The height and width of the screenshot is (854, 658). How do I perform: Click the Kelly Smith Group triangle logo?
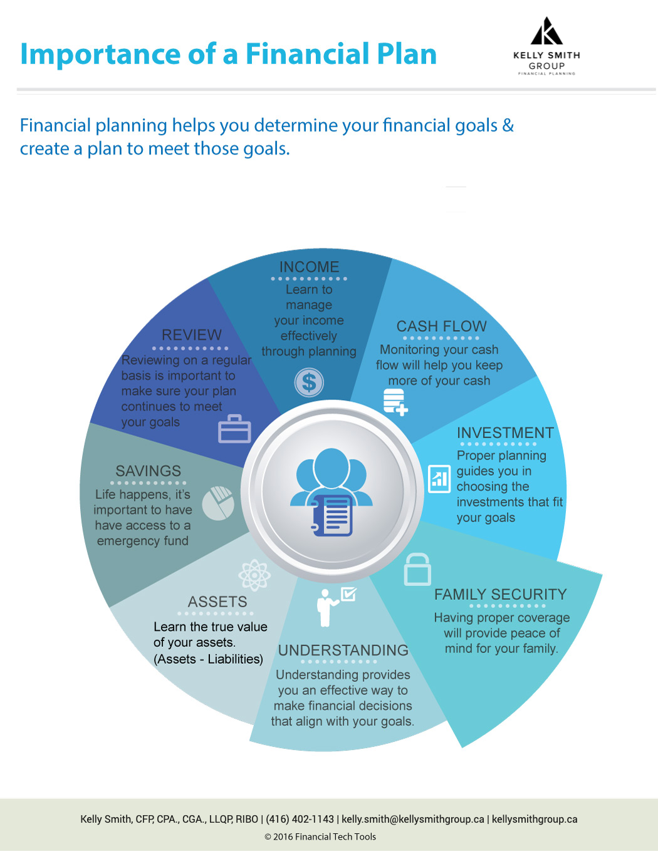(x=546, y=31)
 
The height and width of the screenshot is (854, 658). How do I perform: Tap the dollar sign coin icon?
(x=309, y=383)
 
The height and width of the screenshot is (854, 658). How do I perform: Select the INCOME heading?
(x=309, y=267)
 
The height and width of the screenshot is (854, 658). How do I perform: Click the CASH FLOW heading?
(x=441, y=326)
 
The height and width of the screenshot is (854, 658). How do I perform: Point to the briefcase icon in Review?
(x=234, y=429)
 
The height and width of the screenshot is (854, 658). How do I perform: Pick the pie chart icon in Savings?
(x=218, y=503)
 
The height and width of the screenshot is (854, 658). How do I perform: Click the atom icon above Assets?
(x=254, y=575)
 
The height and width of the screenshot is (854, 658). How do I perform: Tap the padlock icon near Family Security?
(x=417, y=570)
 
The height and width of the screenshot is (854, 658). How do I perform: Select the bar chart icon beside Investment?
(x=439, y=479)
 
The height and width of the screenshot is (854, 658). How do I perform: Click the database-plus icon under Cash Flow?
(x=395, y=402)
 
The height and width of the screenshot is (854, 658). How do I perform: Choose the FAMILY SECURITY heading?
(x=500, y=595)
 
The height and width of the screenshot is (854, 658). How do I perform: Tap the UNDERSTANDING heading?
(x=343, y=651)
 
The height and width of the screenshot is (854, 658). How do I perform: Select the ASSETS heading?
(x=217, y=602)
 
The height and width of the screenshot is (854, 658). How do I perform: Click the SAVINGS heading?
(x=149, y=471)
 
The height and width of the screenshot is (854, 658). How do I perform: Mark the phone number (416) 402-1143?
(x=300, y=820)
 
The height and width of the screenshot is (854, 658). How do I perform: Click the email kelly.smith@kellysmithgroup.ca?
(x=412, y=820)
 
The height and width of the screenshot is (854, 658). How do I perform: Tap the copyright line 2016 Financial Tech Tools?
(x=320, y=837)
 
